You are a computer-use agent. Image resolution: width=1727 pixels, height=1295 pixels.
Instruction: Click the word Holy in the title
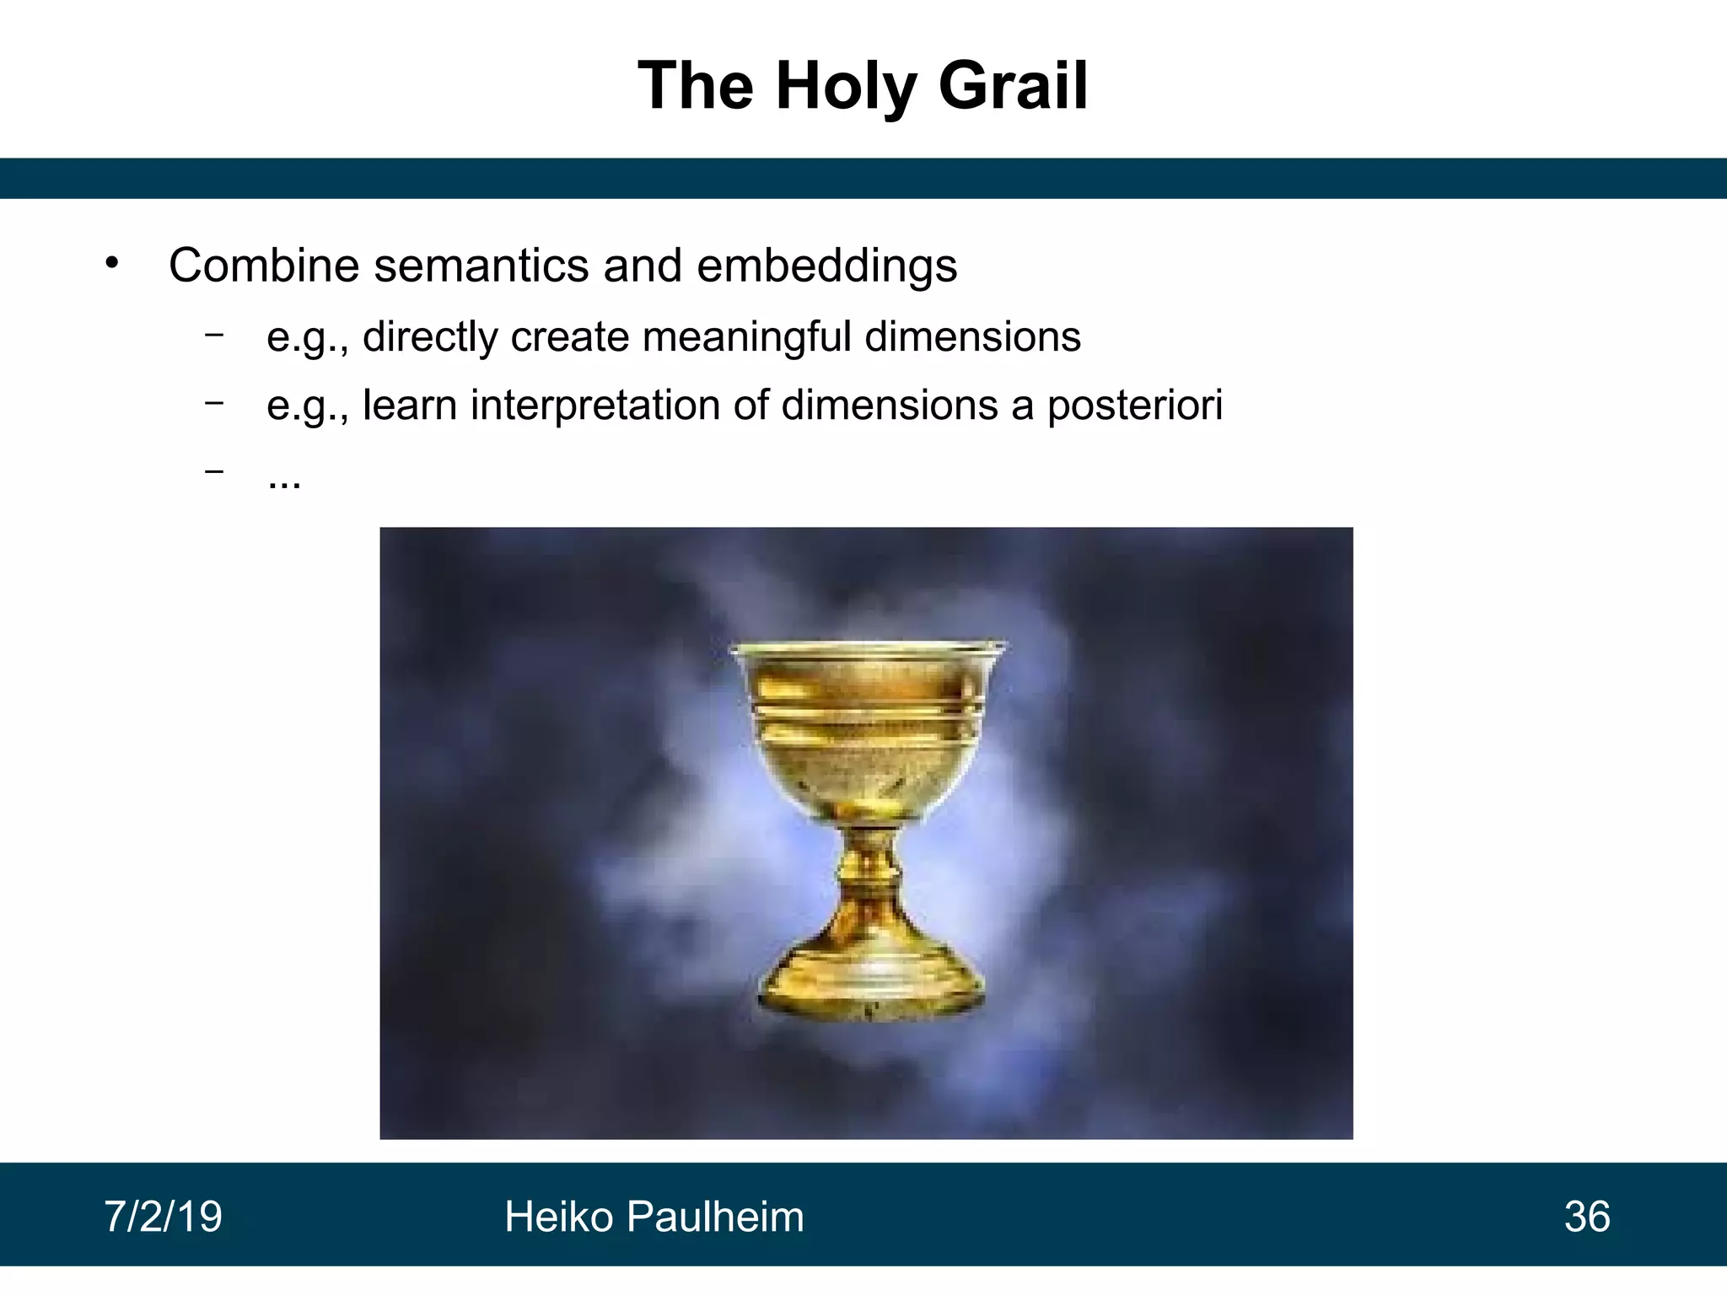coord(845,86)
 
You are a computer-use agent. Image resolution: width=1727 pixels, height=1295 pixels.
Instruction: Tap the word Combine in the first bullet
coord(264,266)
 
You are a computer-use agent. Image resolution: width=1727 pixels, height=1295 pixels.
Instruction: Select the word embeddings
coord(826,266)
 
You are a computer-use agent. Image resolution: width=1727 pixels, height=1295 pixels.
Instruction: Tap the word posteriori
coord(1134,405)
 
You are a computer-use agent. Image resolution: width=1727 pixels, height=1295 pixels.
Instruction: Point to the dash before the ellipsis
coord(214,471)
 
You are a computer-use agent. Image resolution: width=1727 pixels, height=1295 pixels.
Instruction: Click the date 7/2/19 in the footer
coord(163,1217)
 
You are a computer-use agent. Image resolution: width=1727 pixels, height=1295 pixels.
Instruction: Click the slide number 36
coord(1587,1217)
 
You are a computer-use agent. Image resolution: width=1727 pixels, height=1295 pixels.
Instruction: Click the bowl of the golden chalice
coord(869,725)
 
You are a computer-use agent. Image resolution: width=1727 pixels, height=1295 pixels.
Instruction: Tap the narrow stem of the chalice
coord(869,868)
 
